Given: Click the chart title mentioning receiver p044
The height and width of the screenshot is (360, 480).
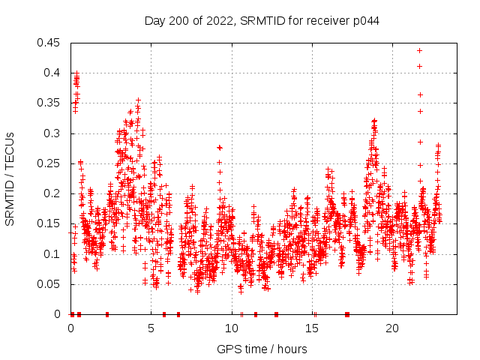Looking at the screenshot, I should point(262,21).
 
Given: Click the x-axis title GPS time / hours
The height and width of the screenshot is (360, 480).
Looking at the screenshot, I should point(262,349).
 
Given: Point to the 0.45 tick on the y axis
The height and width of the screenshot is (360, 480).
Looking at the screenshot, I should point(51,43).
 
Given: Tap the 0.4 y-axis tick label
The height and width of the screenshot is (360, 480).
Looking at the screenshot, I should point(54,73).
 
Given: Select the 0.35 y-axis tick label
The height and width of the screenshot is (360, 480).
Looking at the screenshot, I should point(51,103).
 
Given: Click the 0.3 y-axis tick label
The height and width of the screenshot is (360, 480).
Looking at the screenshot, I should point(54,133).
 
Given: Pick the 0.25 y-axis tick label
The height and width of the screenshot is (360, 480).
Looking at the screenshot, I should point(51,163).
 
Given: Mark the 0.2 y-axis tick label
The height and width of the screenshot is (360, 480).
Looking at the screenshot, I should point(54,193).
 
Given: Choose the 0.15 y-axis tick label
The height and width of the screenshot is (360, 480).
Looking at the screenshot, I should point(51,223).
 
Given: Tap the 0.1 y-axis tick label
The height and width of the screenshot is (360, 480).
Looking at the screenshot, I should point(54,254).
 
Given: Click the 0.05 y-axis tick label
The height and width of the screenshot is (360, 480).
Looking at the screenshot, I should point(51,284).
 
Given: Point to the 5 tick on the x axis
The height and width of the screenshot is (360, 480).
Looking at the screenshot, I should point(151,328).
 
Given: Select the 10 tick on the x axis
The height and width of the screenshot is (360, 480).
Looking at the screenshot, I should point(232,328).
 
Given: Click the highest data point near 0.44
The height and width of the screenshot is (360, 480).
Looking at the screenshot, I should point(419,50).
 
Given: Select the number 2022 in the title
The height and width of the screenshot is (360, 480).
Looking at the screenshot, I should point(217,21).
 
